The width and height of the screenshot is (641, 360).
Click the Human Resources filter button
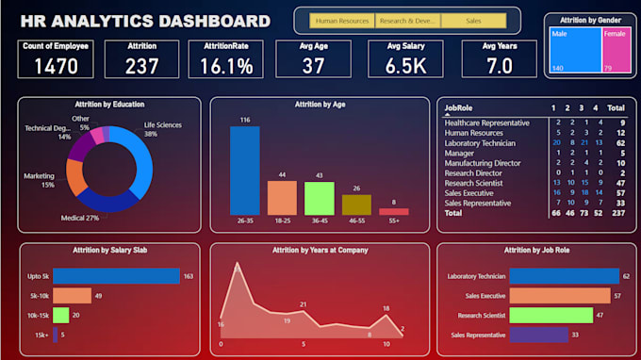[x=343, y=20]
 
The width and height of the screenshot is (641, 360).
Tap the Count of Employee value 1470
[x=50, y=65]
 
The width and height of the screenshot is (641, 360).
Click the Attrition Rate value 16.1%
[x=225, y=65]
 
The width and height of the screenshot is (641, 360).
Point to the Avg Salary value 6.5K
[x=405, y=65]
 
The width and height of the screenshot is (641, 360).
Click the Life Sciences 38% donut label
[x=163, y=129]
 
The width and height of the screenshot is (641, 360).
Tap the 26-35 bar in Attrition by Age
[x=244, y=171]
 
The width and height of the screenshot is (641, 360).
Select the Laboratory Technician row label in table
[x=480, y=142]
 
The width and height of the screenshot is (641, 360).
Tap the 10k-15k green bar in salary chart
[x=61, y=315]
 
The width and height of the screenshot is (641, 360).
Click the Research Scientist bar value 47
[x=600, y=315]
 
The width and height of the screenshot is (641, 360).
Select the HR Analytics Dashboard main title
[x=139, y=21]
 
